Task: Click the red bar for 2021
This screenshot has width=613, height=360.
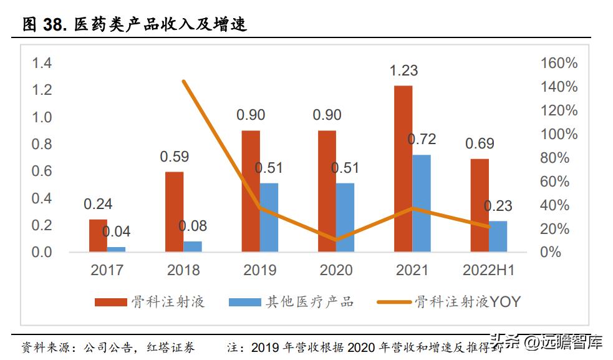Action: pyautogui.click(x=403, y=168)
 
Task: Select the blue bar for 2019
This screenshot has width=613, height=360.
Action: pyautogui.click(x=269, y=218)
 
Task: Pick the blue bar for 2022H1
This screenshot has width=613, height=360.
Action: pyautogui.click(x=498, y=236)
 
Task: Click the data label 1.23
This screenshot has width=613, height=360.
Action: pyautogui.click(x=403, y=71)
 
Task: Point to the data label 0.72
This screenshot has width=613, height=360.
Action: pyautogui.click(x=422, y=139)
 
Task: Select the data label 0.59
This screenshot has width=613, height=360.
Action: pyautogui.click(x=174, y=157)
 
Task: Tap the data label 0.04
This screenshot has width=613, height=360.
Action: pyautogui.click(x=116, y=232)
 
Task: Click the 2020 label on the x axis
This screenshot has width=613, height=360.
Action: pyautogui.click(x=335, y=270)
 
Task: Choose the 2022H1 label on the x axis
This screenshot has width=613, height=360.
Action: pyautogui.click(x=488, y=270)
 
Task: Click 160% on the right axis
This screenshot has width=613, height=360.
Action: pyautogui.click(x=559, y=63)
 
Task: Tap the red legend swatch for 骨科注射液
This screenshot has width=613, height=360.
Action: pyautogui.click(x=110, y=303)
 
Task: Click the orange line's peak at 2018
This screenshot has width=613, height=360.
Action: pyautogui.click(x=183, y=81)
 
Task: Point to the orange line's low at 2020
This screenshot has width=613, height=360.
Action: pyautogui.click(x=336, y=240)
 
